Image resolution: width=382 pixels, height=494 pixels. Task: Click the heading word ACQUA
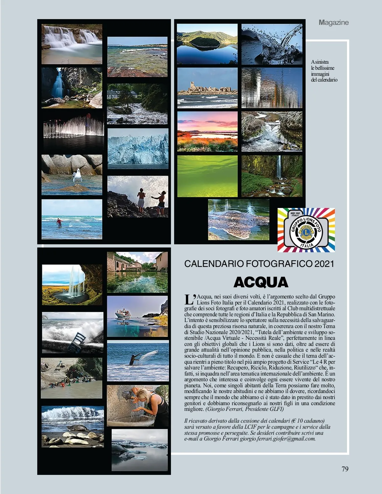pos(261,282)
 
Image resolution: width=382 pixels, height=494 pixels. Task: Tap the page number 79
pos(345,469)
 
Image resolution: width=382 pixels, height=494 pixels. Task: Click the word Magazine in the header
pos(334,22)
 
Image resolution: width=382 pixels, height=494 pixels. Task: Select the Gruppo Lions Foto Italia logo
pos(306,230)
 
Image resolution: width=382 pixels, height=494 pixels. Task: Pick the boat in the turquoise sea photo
pos(123,313)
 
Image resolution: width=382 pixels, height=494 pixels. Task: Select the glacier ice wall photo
pos(138,148)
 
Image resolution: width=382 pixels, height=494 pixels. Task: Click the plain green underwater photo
pos(207,176)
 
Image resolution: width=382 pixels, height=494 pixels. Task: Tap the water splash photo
pos(272,44)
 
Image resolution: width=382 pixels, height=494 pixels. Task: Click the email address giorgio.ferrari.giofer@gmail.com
pos(277,439)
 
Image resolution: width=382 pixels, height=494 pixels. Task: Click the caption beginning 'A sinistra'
pos(324,71)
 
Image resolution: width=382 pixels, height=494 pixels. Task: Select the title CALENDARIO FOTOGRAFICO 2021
pos(259,264)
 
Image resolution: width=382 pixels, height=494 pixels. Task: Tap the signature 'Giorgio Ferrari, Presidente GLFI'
pos(244,409)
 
